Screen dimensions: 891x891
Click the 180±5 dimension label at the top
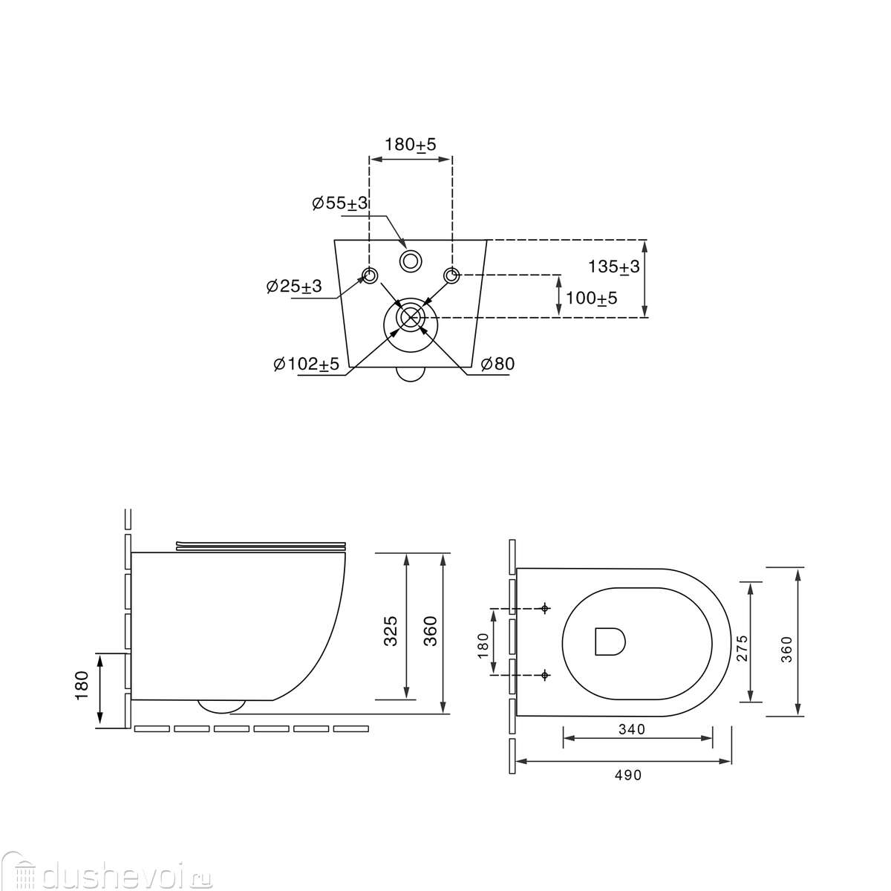click(x=410, y=145)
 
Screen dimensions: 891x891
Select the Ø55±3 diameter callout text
click(x=340, y=203)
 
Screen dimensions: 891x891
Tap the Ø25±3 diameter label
click(x=294, y=286)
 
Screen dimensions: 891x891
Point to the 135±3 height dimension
click(x=613, y=267)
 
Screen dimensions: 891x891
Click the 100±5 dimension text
click(x=591, y=298)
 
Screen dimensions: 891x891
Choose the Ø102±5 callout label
click(x=307, y=365)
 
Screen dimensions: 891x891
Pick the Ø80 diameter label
click(x=497, y=364)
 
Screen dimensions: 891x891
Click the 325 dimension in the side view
click(x=391, y=630)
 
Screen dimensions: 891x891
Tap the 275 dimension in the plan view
click(x=742, y=647)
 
